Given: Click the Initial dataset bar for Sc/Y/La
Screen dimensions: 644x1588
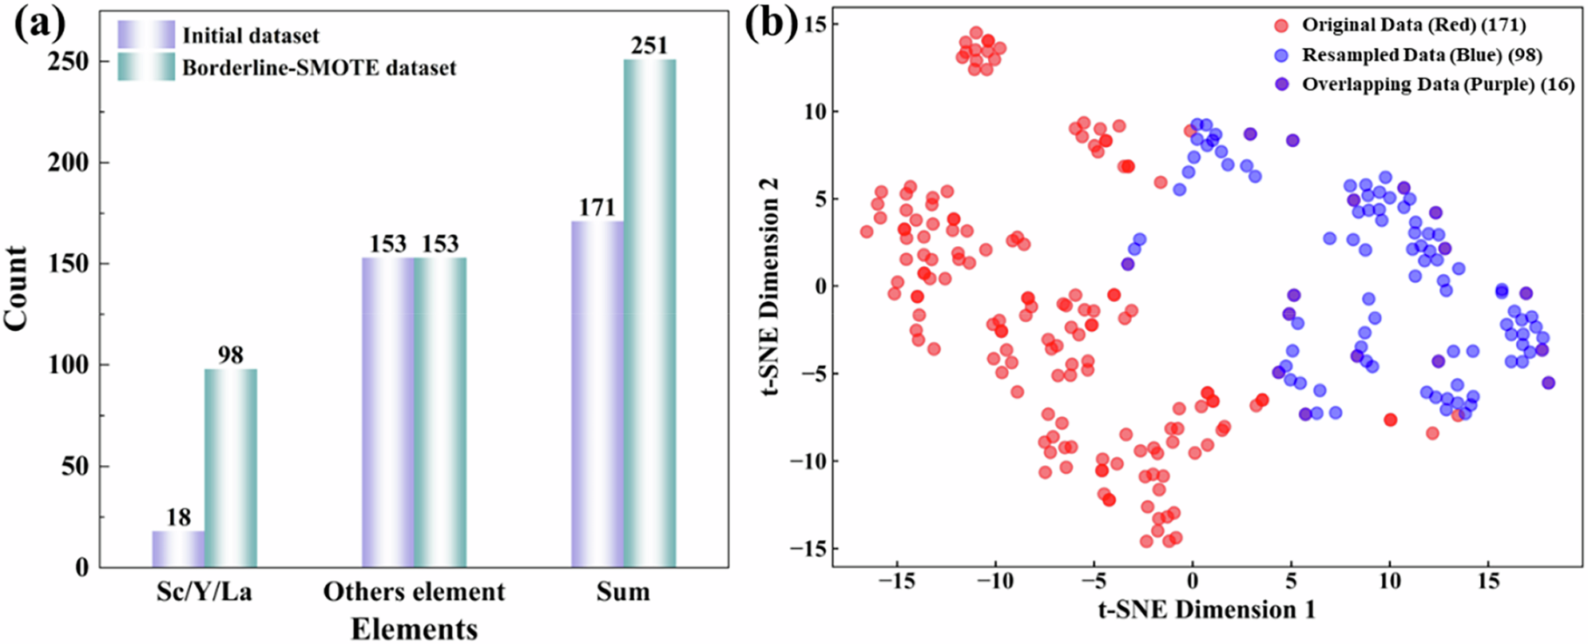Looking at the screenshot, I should click(x=178, y=549).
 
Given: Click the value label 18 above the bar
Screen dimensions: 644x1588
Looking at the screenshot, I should click(x=178, y=517).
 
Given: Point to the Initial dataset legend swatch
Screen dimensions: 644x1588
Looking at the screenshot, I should click(x=146, y=35).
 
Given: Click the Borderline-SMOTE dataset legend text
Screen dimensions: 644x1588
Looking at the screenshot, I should click(x=319, y=67).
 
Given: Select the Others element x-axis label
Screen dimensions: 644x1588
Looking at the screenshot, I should click(x=414, y=592).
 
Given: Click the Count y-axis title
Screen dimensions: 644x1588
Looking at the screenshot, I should click(x=16, y=288).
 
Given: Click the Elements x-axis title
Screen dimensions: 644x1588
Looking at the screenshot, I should click(x=414, y=629).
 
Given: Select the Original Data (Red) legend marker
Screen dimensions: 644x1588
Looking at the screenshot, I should click(x=1281, y=26).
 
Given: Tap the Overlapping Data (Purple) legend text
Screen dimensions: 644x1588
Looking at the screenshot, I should click(x=1438, y=85).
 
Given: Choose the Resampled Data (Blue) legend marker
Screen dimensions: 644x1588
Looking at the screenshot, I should click(x=1281, y=55).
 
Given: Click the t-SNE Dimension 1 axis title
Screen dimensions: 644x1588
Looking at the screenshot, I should click(x=1206, y=610).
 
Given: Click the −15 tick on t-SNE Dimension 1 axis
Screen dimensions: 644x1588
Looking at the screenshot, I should click(x=897, y=582).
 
